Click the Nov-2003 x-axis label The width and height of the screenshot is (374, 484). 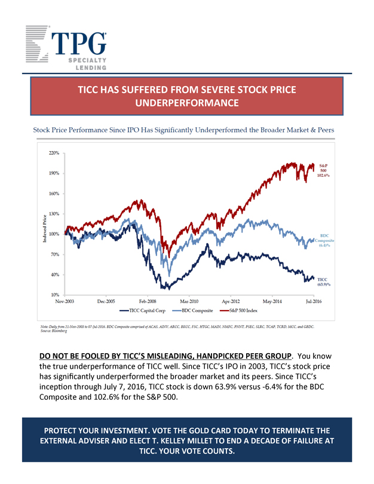pos(65,302)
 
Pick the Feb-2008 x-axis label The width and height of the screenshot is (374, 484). pos(148,302)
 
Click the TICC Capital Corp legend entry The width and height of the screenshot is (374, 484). pos(145,311)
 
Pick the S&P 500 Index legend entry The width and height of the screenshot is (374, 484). pos(240,311)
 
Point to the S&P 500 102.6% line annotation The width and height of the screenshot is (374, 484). pos(324,170)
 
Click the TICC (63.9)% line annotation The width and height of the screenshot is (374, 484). pos(323,282)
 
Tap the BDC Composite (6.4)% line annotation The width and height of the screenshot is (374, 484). pos(325,240)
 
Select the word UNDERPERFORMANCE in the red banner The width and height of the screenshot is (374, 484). pos(187,103)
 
